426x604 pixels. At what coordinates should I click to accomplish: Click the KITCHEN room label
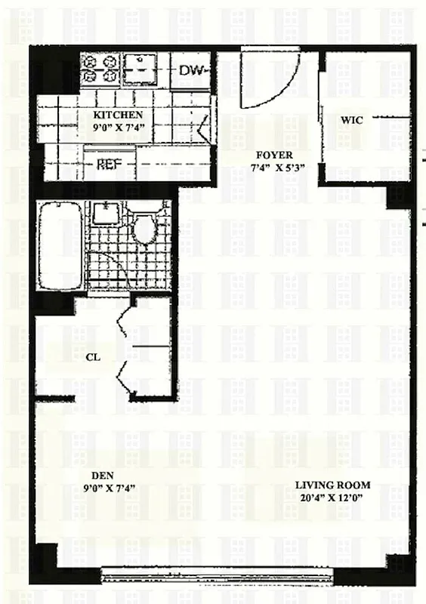coord(118,116)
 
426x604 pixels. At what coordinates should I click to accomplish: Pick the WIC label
coord(352,120)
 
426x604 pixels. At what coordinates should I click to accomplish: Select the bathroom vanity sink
coord(104,214)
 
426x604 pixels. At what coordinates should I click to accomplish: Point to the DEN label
coord(102,475)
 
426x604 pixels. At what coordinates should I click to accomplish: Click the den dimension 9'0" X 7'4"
coord(101,488)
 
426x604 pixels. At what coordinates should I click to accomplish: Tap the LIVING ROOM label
coord(332,485)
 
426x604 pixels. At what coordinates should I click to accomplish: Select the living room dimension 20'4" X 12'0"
coord(332,498)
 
